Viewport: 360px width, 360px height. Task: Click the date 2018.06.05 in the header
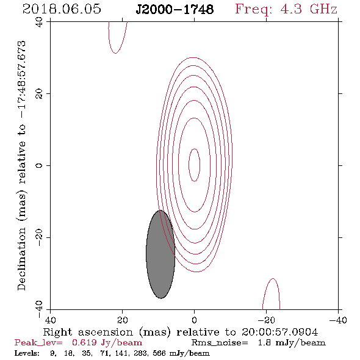pyautogui.click(x=62, y=9)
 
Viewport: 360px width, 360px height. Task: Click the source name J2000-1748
pyautogui.click(x=175, y=10)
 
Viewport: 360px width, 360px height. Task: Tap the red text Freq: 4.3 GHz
pyautogui.click(x=286, y=9)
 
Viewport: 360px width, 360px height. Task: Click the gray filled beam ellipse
pyautogui.click(x=160, y=254)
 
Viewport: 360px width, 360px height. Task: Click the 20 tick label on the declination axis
pyautogui.click(x=39, y=94)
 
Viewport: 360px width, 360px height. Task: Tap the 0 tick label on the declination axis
pyautogui.click(x=39, y=165)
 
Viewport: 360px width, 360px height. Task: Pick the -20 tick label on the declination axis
pyautogui.click(x=39, y=237)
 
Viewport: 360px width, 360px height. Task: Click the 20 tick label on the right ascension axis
pyautogui.click(x=123, y=320)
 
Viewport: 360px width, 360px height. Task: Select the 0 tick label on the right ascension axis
pyautogui.click(x=194, y=320)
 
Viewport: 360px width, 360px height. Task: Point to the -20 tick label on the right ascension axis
pyautogui.click(x=266, y=320)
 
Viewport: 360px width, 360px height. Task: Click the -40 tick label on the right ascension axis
pyautogui.click(x=338, y=320)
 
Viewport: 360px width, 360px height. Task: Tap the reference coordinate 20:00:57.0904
pyautogui.click(x=279, y=332)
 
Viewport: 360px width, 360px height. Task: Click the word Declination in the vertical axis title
pyautogui.click(x=21, y=259)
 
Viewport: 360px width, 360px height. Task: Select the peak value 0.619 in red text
pyautogui.click(x=84, y=342)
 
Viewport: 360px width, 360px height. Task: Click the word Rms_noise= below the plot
pyautogui.click(x=220, y=343)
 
